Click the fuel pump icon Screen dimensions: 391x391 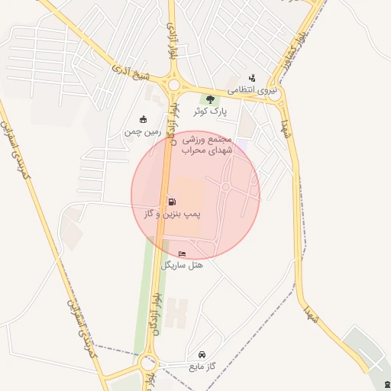tap(170, 202)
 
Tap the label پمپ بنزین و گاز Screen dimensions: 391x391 tap(172, 215)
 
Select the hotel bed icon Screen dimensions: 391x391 tap(181, 254)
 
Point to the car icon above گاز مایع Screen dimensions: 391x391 tap(202, 355)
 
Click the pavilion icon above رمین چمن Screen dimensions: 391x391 tap(143, 119)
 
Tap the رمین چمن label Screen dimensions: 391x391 tap(143, 131)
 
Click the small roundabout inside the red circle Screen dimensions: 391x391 tap(226, 187)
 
